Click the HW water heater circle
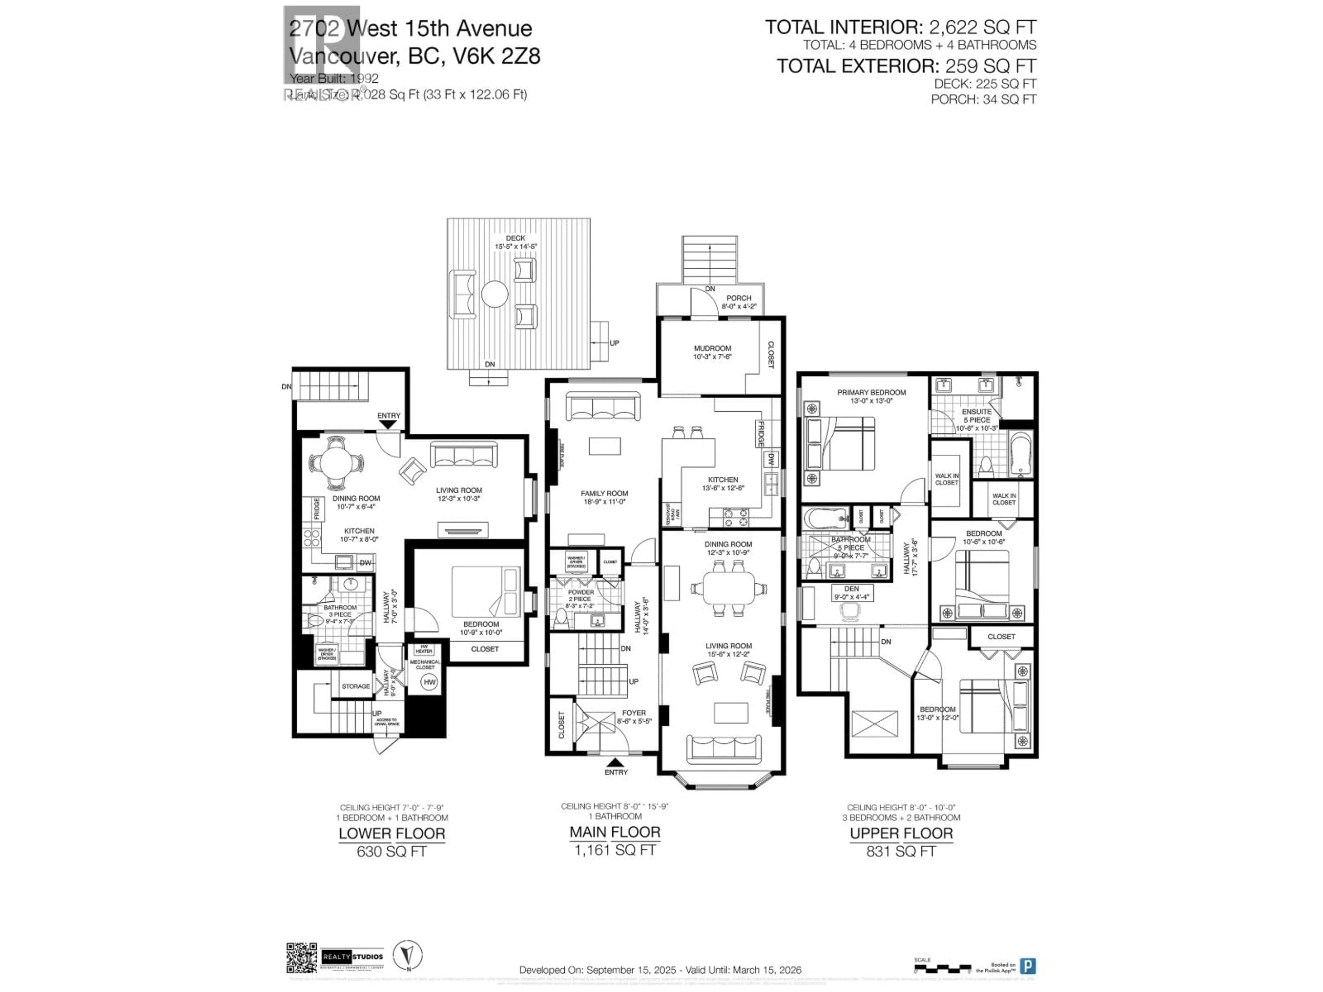point(429,682)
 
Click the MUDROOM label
point(712,348)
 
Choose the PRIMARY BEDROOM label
point(871,392)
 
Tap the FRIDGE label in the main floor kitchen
point(760,434)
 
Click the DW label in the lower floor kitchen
point(365,563)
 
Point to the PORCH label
point(739,298)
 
